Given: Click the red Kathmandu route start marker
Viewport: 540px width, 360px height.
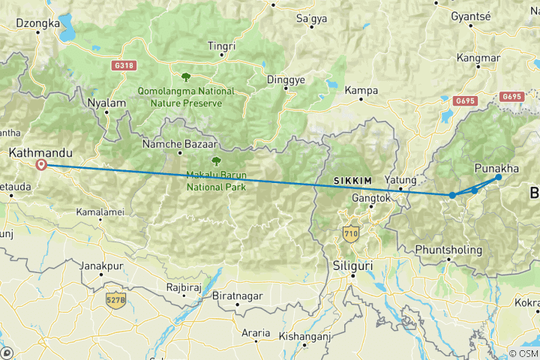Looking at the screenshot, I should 41,165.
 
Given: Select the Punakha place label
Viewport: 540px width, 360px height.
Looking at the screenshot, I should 496,168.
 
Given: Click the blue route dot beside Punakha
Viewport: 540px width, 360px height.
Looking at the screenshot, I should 499,177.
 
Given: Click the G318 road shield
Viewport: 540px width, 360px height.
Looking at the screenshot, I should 124,66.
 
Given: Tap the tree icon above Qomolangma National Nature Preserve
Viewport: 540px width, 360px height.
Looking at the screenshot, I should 185,76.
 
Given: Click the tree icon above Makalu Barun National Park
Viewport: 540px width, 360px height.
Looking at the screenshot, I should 216,160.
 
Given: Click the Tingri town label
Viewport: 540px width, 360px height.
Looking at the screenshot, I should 221,46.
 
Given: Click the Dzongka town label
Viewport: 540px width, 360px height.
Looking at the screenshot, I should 37,23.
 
